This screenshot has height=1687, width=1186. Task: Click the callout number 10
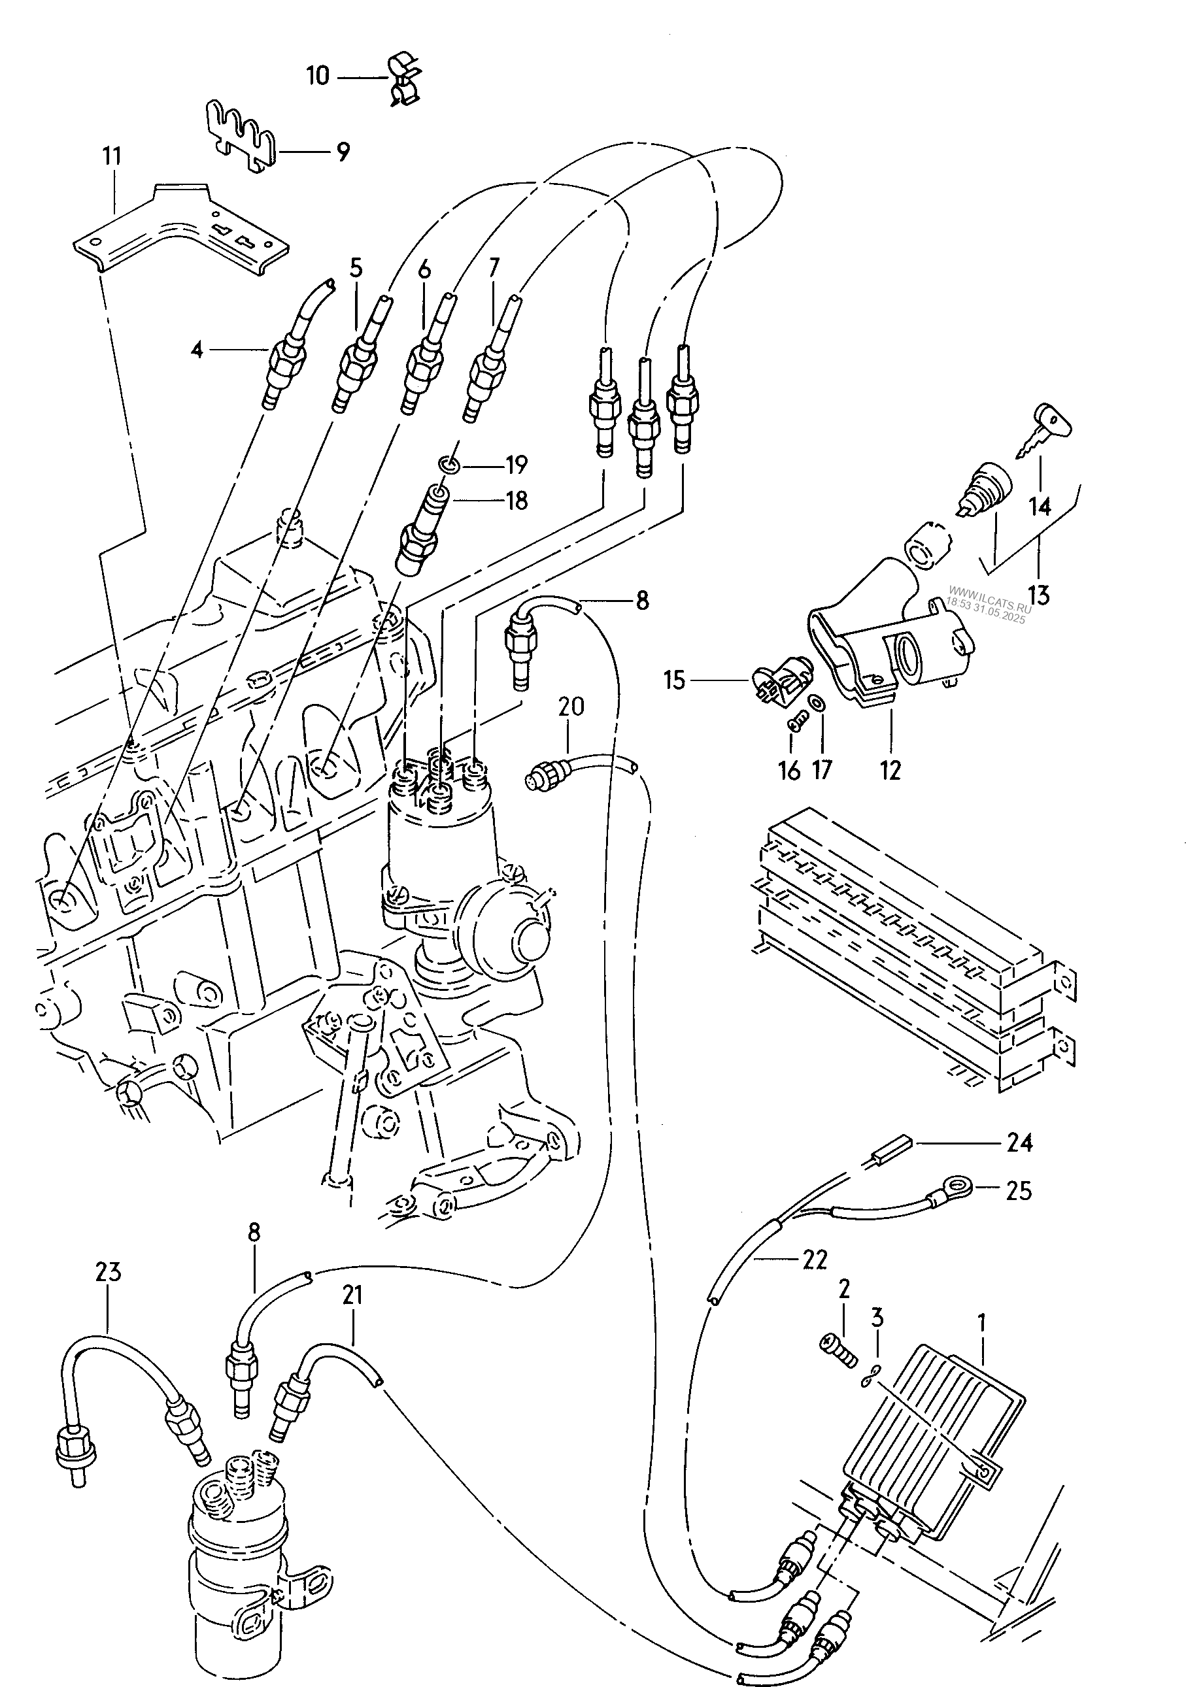pyautogui.click(x=318, y=76)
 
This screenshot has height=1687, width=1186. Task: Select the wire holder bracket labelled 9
pyautogui.click(x=239, y=137)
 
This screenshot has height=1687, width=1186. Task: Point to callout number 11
pyautogui.click(x=112, y=156)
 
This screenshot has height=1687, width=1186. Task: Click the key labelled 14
pyautogui.click(x=1043, y=431)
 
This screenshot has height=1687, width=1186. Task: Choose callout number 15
pyautogui.click(x=674, y=680)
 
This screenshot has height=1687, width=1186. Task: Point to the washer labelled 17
pyautogui.click(x=817, y=703)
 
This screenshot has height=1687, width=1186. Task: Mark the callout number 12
pyautogui.click(x=890, y=770)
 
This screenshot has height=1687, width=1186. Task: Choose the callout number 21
pyautogui.click(x=352, y=1295)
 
